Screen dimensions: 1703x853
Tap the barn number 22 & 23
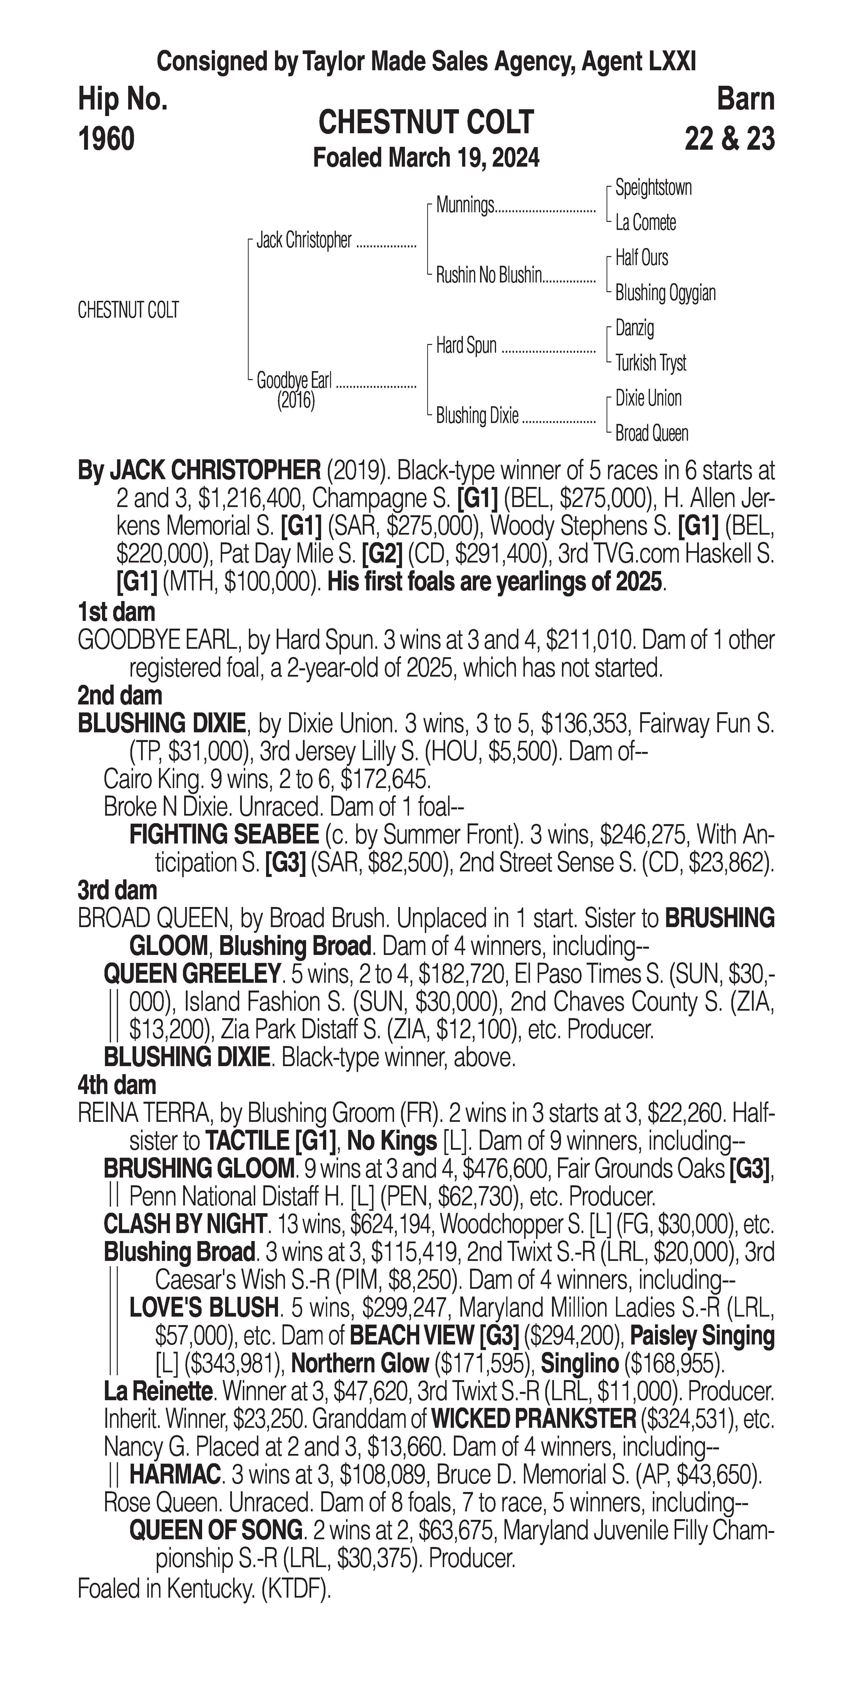(x=729, y=139)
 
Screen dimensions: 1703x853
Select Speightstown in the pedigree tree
(x=653, y=188)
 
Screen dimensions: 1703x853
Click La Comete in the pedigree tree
(x=645, y=223)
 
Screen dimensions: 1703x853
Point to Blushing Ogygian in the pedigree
(x=665, y=293)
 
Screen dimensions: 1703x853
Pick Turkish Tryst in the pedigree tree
(x=651, y=363)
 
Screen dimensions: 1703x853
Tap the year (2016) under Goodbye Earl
(x=296, y=401)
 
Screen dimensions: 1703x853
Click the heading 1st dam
(x=116, y=612)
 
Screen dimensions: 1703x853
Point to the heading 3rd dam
(x=117, y=891)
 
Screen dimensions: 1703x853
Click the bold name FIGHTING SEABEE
(x=224, y=835)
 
